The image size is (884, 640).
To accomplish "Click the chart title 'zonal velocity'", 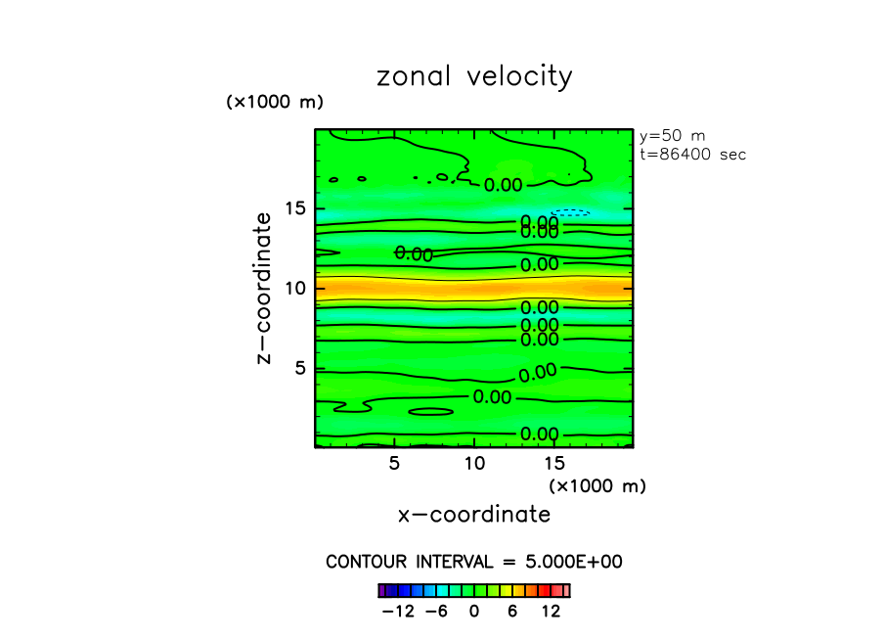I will coord(474,76).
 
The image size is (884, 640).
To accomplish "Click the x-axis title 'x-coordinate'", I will coord(474,514).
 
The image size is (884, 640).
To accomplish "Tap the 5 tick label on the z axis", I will coord(300,368).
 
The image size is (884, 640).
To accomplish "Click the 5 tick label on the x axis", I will coord(394,463).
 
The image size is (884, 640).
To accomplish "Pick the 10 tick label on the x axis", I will coord(474,463).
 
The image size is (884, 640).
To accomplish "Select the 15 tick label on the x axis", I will coord(553,463).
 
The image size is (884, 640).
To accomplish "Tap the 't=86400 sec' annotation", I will coord(692,155).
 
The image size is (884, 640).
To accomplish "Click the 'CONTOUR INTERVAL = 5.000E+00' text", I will coord(474,563).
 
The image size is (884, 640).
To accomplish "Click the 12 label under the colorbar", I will coord(551,612).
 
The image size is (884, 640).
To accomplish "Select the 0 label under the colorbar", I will coord(474,612).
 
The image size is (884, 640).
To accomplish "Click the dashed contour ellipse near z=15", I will coord(570,211).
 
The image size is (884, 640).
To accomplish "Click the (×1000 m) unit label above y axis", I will coord(275,102).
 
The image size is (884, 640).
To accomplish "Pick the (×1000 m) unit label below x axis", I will coord(597,485).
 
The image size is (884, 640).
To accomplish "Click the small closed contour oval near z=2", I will coord(431,412).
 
